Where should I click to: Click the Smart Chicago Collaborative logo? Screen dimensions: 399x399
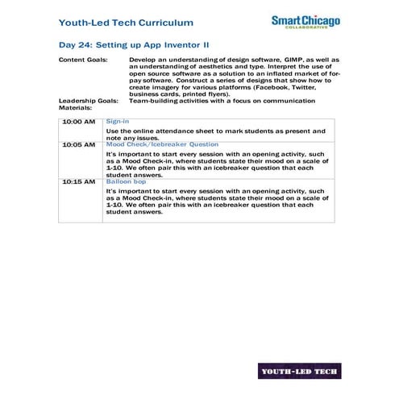pyautogui.click(x=305, y=23)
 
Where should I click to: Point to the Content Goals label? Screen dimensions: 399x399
pyautogui.click(x=85, y=60)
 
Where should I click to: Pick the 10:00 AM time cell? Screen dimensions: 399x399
pyautogui.click(x=78, y=122)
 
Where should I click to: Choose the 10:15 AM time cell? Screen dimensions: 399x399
pyautogui.click(x=78, y=182)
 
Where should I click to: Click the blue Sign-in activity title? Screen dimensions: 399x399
pyautogui.click(x=118, y=121)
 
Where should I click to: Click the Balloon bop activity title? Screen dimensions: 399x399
pyautogui.click(x=123, y=182)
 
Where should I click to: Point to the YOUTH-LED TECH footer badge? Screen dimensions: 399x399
pyautogui.click(x=299, y=372)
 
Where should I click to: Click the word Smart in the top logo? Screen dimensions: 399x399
pyautogui.click(x=287, y=19)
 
